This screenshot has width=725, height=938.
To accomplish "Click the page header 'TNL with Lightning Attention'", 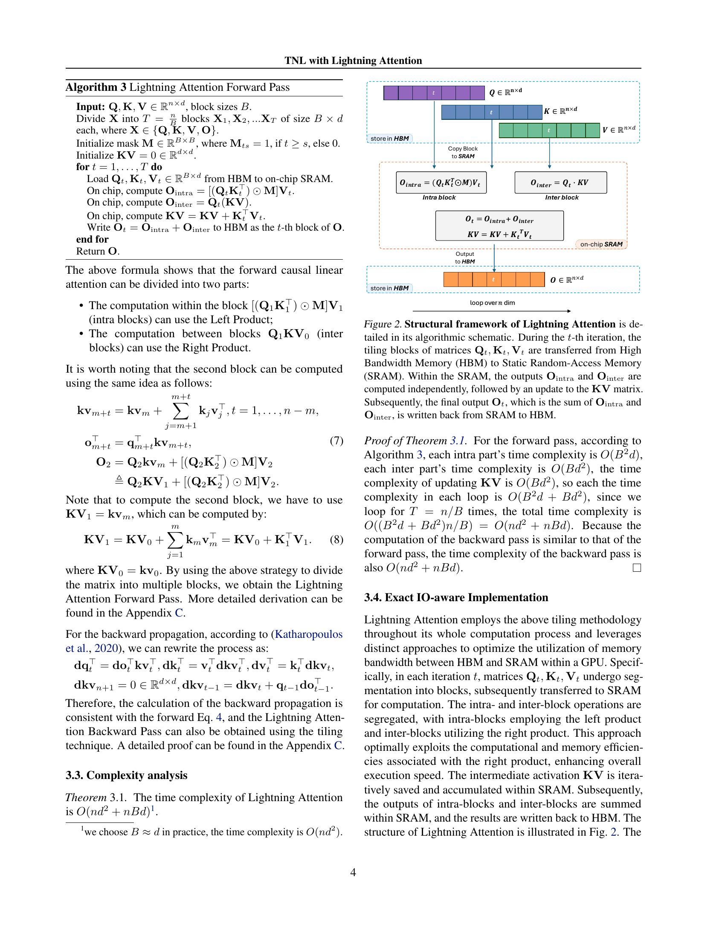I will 353,61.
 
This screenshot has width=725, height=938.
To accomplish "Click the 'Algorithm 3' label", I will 96,87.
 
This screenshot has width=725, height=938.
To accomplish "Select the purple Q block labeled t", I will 434,93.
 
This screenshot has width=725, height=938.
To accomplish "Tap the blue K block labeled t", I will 491,113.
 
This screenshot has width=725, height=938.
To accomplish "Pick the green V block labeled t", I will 549,130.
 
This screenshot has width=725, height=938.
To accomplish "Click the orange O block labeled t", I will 494,280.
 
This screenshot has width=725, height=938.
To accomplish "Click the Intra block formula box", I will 441,183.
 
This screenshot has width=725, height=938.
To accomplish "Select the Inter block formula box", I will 560,183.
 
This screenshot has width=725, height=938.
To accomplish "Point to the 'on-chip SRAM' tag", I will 601,244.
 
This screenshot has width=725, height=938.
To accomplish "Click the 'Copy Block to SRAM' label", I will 463,153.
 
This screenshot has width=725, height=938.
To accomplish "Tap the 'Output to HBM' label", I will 465,258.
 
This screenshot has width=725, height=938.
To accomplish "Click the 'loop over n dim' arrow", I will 491,310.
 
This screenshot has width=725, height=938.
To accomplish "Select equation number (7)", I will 336,441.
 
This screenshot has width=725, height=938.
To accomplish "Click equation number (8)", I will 336,539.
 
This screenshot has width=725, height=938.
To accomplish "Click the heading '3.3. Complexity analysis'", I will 126,775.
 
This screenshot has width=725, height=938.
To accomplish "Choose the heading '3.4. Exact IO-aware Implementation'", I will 456,597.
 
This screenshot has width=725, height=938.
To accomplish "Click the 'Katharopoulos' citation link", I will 308,634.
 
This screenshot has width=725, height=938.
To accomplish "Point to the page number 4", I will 353,872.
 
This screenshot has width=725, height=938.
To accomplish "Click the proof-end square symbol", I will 637,568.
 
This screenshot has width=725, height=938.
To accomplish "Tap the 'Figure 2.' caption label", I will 383,324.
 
